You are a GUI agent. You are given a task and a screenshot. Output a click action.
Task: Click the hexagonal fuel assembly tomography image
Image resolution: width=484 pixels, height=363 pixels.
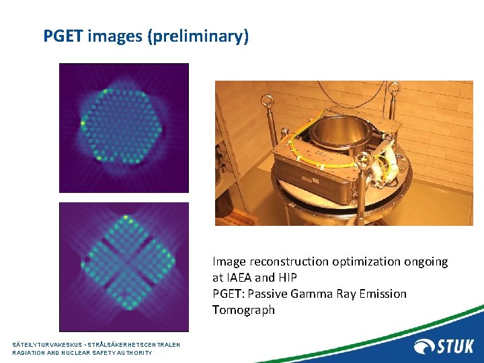pos(124,127)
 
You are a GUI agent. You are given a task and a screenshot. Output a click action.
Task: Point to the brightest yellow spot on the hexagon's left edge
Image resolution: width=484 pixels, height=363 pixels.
pos(83,124)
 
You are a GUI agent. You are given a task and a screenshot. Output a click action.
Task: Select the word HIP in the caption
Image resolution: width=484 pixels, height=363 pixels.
pos(286,278)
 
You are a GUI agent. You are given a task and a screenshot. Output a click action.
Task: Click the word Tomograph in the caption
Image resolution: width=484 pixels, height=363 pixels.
pos(243,310)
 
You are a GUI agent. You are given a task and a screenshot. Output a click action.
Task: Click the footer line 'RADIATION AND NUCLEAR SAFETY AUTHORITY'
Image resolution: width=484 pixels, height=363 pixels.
pos(82,353)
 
